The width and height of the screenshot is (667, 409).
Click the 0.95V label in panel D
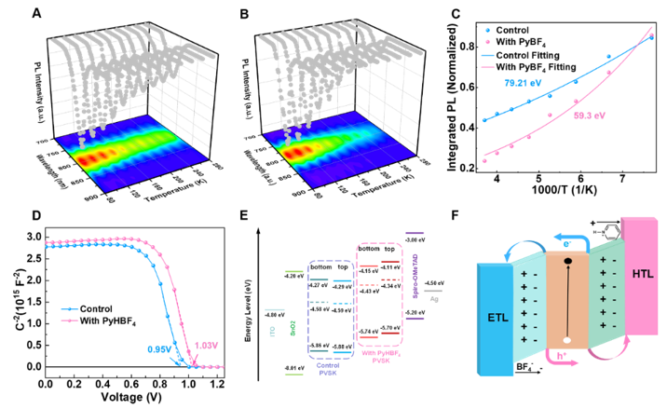[161, 351]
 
